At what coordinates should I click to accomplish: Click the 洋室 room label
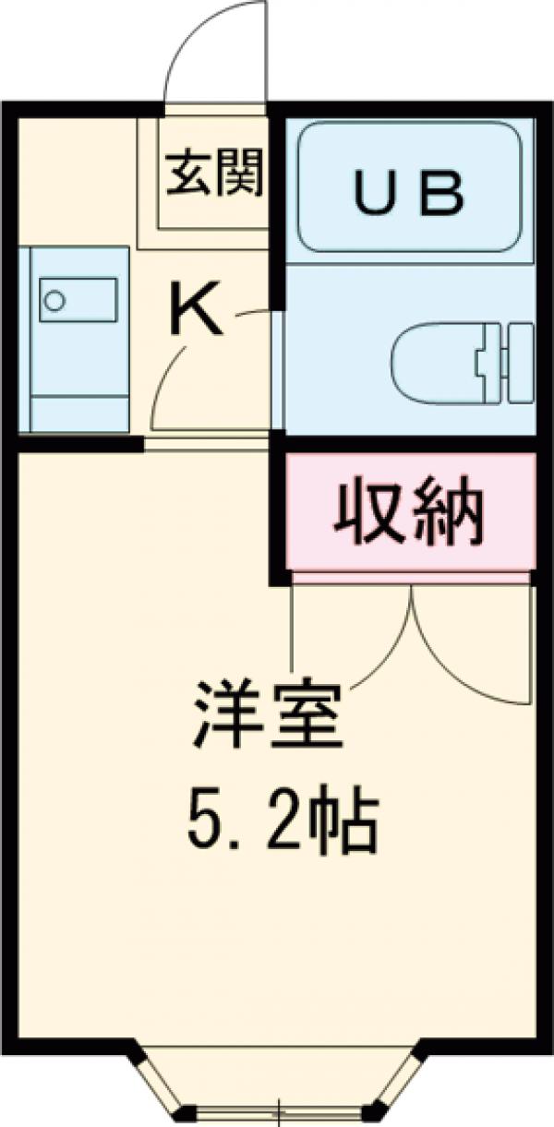point(268,715)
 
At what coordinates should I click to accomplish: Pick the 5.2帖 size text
point(283,820)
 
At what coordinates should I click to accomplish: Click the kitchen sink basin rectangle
point(78,300)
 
